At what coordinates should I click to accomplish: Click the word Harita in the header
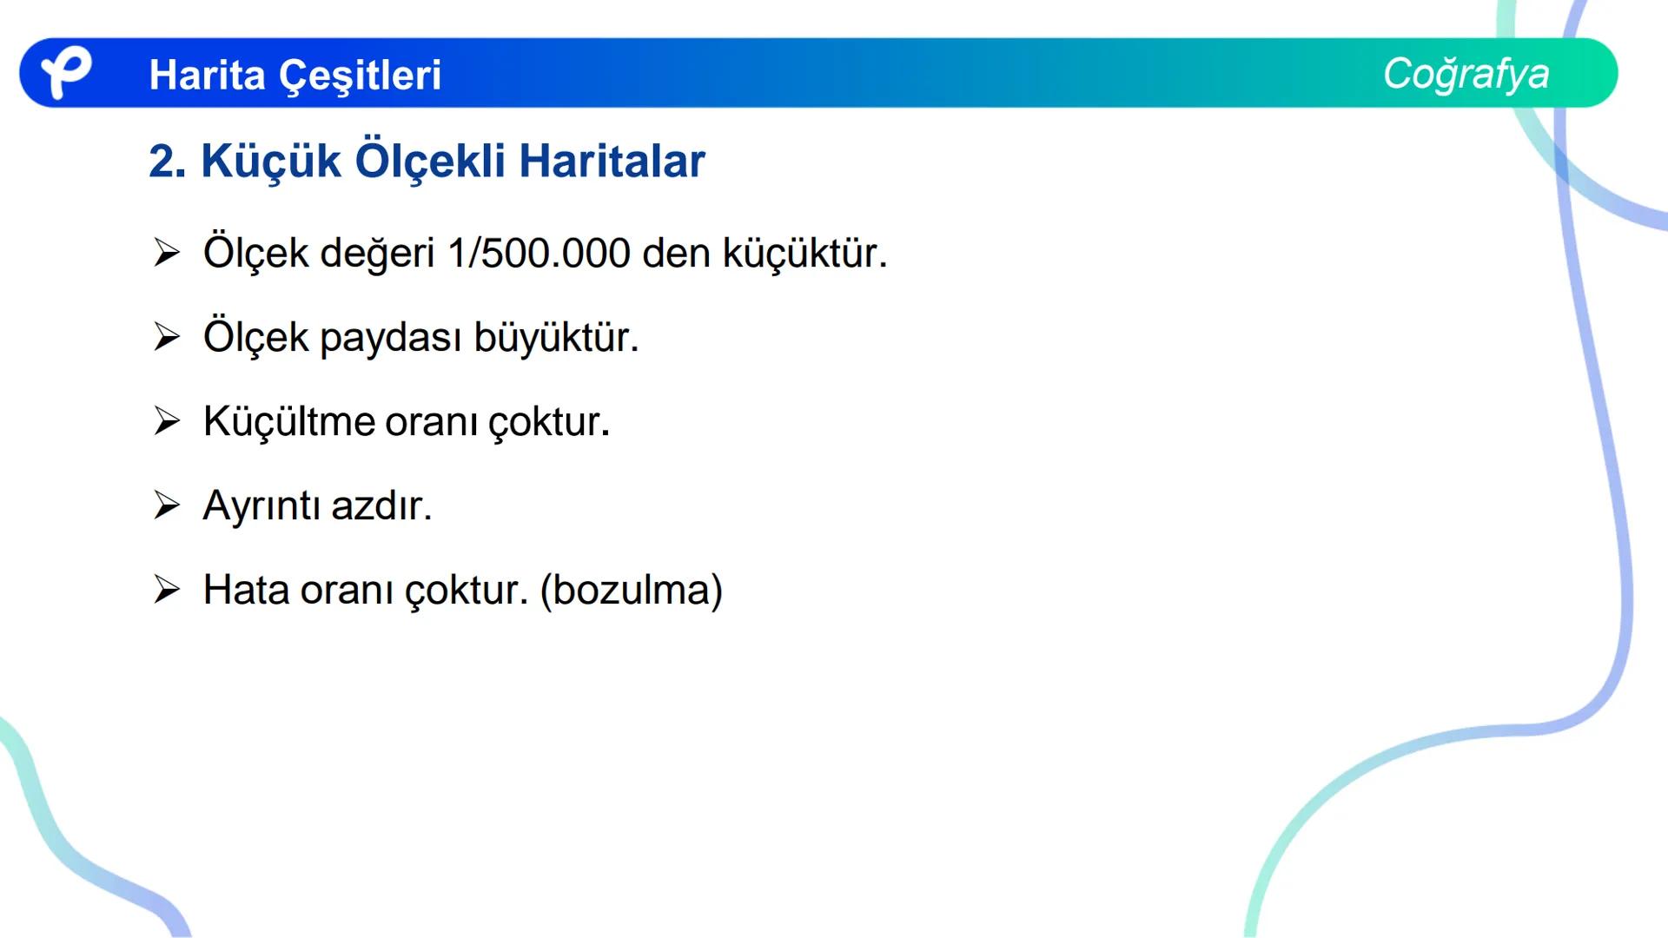(x=207, y=76)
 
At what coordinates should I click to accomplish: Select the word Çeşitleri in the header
(x=361, y=76)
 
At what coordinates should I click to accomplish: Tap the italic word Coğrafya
(x=1466, y=74)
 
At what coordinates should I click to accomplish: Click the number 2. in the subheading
(x=168, y=162)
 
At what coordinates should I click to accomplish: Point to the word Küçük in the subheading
(x=270, y=162)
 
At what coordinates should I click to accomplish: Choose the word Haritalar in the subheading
(x=612, y=162)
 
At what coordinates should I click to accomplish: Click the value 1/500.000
(x=539, y=254)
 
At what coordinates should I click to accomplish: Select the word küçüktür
(x=804, y=254)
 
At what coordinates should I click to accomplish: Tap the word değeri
(x=377, y=254)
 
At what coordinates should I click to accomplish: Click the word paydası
(x=390, y=338)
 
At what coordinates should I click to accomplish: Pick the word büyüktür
(x=556, y=338)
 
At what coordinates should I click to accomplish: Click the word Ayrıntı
(x=261, y=505)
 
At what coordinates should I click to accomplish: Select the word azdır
(x=381, y=505)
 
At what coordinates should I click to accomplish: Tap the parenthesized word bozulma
(x=631, y=591)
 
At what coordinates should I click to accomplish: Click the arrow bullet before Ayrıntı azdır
(x=166, y=505)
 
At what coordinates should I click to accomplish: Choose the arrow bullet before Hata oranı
(x=166, y=590)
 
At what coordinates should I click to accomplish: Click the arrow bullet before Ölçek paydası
(x=166, y=337)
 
